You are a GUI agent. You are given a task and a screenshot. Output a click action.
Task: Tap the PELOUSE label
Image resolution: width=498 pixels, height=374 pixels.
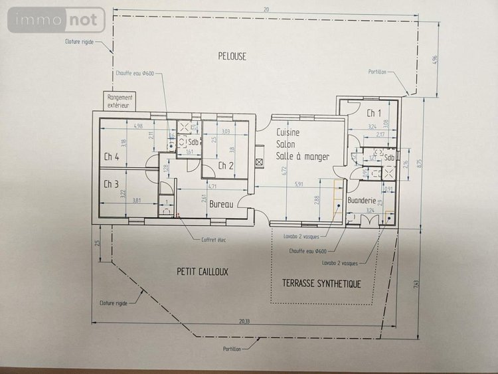[x=232, y=56]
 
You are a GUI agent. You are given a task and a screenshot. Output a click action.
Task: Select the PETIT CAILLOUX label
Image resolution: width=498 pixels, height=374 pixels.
[x=203, y=272]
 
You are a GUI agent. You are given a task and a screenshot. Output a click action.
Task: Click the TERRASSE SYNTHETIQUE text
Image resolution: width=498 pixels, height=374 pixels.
[x=321, y=284]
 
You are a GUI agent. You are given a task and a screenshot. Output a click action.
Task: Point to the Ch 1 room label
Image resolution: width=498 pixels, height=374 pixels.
[x=373, y=113]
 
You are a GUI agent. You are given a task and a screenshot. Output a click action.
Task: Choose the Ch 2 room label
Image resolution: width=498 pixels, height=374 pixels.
[x=226, y=165]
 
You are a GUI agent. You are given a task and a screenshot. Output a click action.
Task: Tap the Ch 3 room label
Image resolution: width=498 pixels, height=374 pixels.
[x=111, y=184]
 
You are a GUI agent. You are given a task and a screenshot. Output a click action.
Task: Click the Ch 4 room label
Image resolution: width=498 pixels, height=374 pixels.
[x=111, y=157]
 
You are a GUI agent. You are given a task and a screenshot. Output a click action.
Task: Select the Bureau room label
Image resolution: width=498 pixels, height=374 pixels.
[x=221, y=205]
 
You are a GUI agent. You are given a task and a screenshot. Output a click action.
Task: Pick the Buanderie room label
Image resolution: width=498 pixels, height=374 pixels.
[x=363, y=200]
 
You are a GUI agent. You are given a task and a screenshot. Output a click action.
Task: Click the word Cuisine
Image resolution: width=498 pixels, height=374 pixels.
[x=288, y=133]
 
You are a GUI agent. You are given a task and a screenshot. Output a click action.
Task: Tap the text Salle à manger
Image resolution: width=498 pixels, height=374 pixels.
[x=303, y=156]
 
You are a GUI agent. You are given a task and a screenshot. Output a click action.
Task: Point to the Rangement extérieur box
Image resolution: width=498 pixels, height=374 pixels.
[x=120, y=101]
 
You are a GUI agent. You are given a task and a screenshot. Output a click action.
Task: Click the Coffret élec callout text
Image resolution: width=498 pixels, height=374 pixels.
[x=213, y=240]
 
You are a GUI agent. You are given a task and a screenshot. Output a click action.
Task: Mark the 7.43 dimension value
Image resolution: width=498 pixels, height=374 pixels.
[x=416, y=285]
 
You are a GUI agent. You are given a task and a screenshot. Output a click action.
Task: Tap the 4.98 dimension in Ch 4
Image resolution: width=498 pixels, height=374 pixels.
[x=137, y=126]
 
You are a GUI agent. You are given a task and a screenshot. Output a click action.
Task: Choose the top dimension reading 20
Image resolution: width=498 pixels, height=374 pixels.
[x=266, y=9]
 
